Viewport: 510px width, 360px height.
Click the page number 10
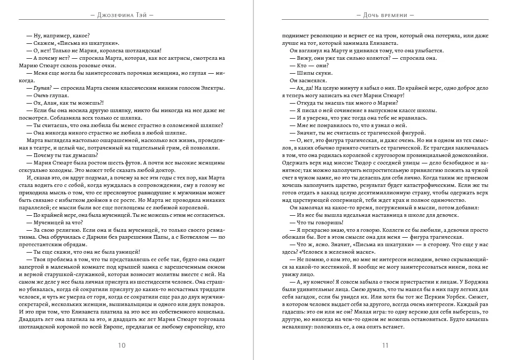point(122,345)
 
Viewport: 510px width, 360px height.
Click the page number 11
point(385,345)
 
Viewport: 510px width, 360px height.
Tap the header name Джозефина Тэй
point(122,15)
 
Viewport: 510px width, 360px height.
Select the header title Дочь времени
point(385,15)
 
